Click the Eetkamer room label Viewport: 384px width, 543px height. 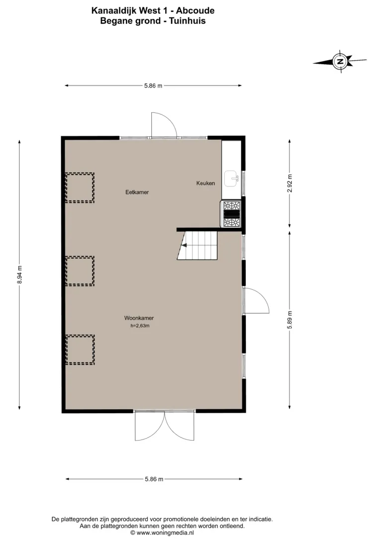(137, 192)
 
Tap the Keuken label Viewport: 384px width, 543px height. (205, 183)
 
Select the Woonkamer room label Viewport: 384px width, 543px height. (139, 318)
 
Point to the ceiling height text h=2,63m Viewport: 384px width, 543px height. (140, 326)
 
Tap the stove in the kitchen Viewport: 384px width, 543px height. (231, 214)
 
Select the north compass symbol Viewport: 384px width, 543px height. (340, 62)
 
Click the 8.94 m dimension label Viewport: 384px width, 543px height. (19, 274)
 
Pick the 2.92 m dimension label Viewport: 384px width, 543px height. (290, 183)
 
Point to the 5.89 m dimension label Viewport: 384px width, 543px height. (290, 320)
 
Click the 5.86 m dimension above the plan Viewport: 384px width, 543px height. (153, 86)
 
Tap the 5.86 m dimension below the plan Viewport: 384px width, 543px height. (154, 479)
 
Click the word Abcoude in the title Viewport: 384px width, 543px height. (195, 11)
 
